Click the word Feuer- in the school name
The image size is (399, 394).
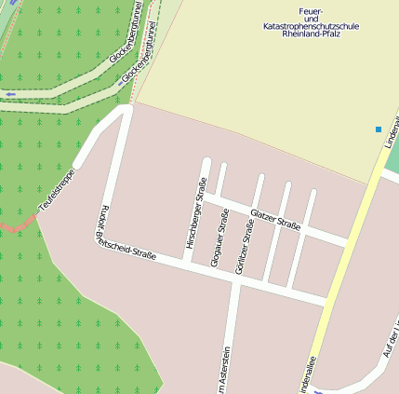(312, 10)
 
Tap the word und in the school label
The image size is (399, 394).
(312, 19)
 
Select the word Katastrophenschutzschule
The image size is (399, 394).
(312, 27)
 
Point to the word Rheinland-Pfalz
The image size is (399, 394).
(312, 34)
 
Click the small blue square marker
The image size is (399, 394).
(379, 129)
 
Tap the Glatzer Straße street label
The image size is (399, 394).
(275, 221)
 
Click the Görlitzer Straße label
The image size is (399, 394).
(246, 246)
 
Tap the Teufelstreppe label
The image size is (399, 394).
(55, 187)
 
